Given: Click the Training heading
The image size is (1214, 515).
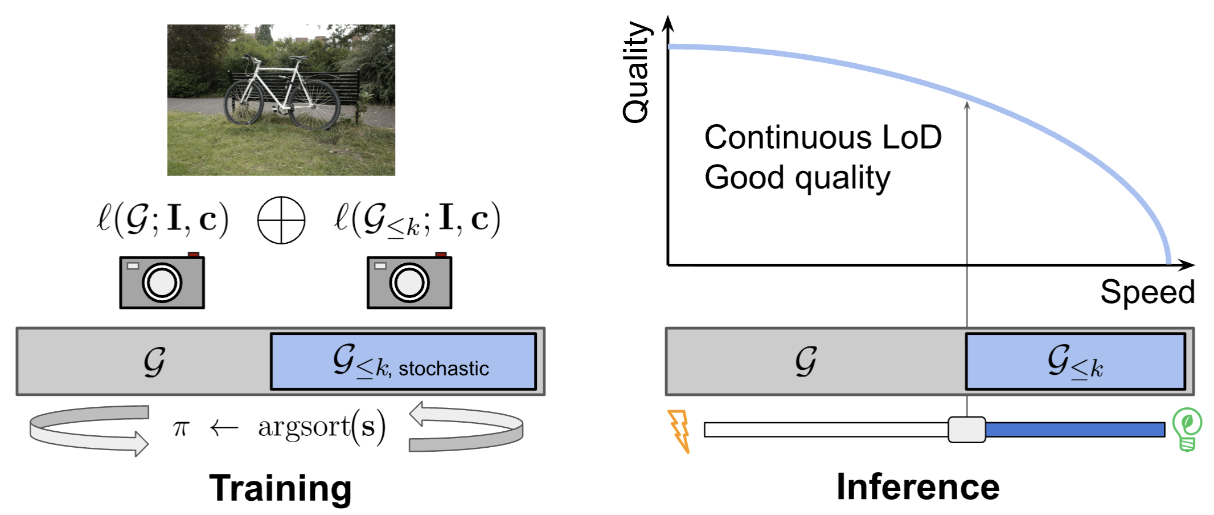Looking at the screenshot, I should click(x=280, y=488).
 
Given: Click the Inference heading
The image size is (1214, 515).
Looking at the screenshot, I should click(x=917, y=487).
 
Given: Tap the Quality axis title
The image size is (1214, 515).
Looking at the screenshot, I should click(x=635, y=72).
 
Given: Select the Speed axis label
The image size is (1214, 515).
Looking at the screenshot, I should click(x=1147, y=292).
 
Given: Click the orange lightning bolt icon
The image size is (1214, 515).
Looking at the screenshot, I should click(x=679, y=431).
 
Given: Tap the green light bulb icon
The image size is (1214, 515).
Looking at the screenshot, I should click(x=1187, y=429).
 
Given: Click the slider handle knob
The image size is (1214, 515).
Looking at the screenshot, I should click(x=966, y=430).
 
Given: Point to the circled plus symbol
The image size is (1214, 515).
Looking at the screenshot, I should click(x=281, y=220).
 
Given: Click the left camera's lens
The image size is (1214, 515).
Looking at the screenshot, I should click(x=162, y=283).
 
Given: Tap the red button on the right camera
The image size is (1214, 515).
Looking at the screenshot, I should click(x=441, y=255).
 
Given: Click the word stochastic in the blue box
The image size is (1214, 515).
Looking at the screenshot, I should click(x=444, y=369).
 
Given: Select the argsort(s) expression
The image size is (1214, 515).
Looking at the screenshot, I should click(x=322, y=427).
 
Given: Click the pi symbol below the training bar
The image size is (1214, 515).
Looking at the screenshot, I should click(x=181, y=428).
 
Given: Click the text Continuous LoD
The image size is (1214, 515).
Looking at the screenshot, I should click(x=822, y=138).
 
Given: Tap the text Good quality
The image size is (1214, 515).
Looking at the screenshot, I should click(x=797, y=178).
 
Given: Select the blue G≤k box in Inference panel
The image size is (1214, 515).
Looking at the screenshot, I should click(x=1075, y=362).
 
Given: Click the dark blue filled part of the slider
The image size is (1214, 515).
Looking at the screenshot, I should click(x=1075, y=430).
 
